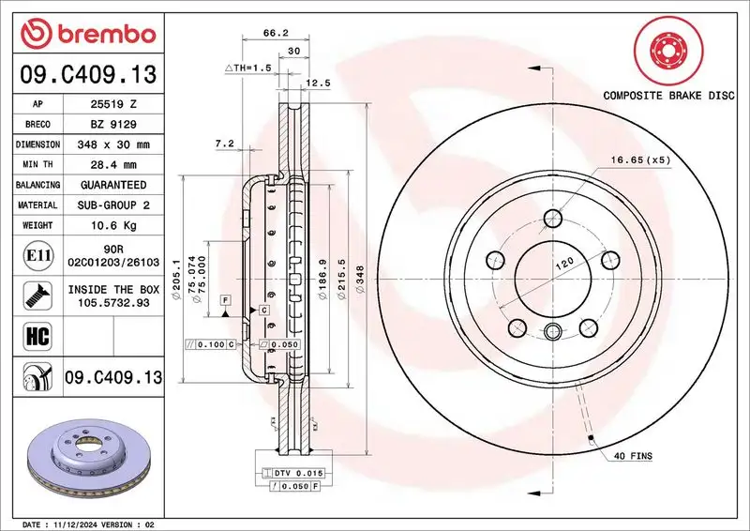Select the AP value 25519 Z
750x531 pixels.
click(113, 103)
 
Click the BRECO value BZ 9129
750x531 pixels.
click(113, 124)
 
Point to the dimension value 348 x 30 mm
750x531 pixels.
click(113, 144)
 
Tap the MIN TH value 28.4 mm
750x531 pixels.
click(113, 165)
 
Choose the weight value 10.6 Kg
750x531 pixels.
click(113, 225)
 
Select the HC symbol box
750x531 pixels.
click(34, 335)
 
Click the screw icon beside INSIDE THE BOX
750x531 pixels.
click(34, 295)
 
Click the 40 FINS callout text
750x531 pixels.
click(633, 456)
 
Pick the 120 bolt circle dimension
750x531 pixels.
click(562, 265)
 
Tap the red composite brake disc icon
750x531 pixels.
click(667, 50)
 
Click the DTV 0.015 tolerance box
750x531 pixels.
click(298, 472)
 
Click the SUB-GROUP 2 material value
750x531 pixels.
click(113, 205)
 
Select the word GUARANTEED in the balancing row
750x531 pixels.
click(113, 185)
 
